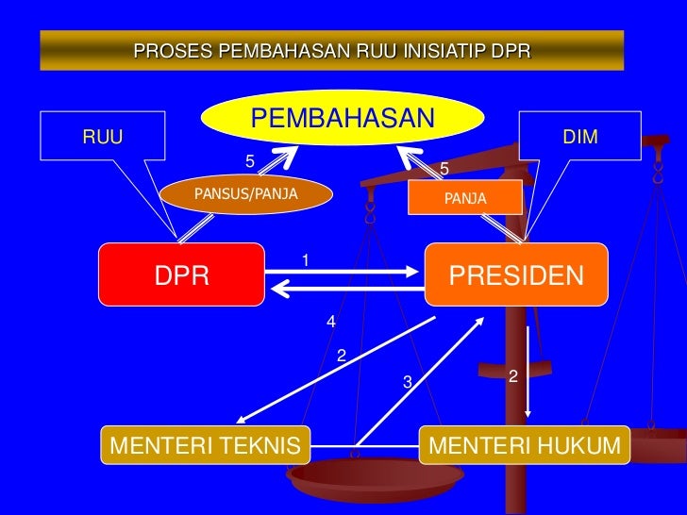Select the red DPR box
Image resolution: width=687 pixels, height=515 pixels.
click(x=182, y=274)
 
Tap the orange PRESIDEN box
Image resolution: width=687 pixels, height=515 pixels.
click(x=516, y=274)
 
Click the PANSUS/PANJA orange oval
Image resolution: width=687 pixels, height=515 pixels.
click(x=245, y=194)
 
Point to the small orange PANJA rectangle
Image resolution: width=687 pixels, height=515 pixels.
click(x=464, y=199)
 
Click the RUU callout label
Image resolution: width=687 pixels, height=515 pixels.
click(x=103, y=138)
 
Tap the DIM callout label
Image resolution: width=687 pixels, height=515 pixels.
click(x=579, y=138)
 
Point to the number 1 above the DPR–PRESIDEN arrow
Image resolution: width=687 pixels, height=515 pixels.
click(x=306, y=259)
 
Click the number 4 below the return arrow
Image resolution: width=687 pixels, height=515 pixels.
click(x=330, y=323)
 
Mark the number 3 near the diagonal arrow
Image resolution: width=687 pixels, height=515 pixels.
click(x=407, y=382)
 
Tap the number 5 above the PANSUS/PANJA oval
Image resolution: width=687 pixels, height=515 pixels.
click(x=249, y=161)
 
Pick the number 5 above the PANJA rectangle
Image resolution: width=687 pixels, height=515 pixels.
click(x=444, y=170)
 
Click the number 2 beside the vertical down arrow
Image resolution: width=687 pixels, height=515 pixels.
click(x=512, y=376)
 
